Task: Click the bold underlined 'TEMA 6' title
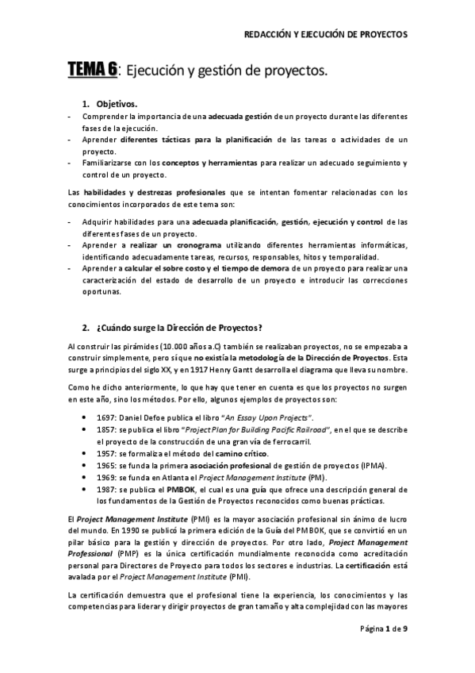coord(92,71)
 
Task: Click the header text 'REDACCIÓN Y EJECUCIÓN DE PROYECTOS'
coord(324,35)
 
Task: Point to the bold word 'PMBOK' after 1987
coord(179,491)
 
